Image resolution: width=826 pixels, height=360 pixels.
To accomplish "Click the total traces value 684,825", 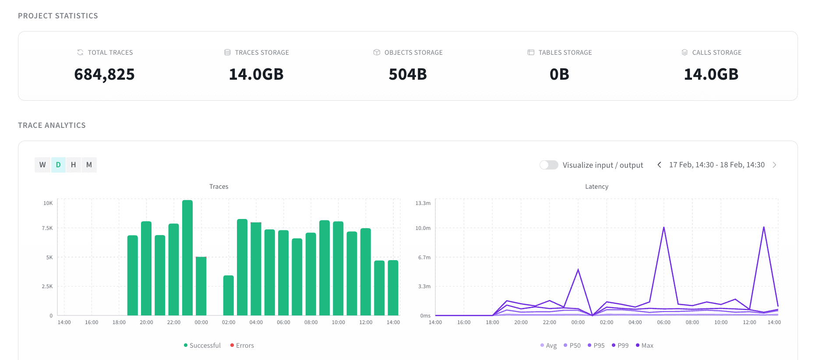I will (104, 74).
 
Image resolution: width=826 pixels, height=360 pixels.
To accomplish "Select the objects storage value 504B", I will (408, 74).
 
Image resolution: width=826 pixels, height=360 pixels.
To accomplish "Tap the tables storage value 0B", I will (559, 74).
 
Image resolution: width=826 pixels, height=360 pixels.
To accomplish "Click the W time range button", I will (42, 165).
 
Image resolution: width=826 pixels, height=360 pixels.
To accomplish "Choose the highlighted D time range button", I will (58, 165).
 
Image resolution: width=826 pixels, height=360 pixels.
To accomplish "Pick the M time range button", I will (89, 165).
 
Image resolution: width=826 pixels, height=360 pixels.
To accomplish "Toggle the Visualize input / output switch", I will (549, 165).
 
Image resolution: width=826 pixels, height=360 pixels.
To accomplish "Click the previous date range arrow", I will (659, 165).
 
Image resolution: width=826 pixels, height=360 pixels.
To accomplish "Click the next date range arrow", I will (774, 165).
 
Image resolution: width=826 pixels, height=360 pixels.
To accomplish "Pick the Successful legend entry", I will (202, 346).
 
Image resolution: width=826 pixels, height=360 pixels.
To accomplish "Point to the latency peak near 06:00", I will (664, 227).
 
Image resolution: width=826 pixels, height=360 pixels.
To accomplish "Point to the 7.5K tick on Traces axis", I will (47, 228).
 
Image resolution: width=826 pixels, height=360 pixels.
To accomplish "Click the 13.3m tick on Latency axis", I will (423, 203).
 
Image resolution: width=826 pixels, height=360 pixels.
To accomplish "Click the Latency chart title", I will (597, 187).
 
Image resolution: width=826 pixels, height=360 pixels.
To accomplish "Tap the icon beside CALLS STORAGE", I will (685, 53).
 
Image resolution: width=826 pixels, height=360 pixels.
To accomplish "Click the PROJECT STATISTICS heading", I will (58, 16).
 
